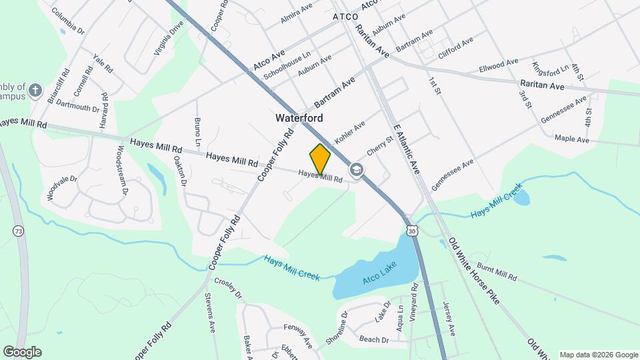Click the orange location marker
[x=321, y=159]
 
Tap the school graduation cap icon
[x=357, y=170]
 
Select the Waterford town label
[x=299, y=118]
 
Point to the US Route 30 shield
[x=413, y=231]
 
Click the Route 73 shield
[x=17, y=230]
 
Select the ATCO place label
[x=345, y=15]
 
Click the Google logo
[x=22, y=352]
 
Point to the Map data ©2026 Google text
[x=598, y=355]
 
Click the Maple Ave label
[x=572, y=140]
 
